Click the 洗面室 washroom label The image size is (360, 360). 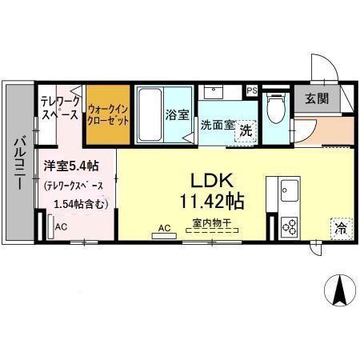tap(216, 125)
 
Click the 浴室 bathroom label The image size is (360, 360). tap(177, 115)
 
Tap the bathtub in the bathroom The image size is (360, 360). tap(150, 114)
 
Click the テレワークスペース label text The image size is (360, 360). tap(59, 108)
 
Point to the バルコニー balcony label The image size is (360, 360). tap(17, 164)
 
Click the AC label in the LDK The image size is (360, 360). tap(165, 228)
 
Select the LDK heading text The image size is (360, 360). tap(209, 179)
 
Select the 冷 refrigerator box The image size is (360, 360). tap(339, 228)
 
